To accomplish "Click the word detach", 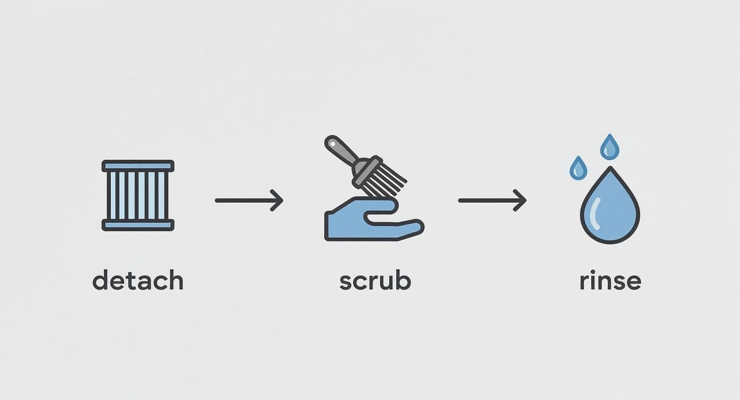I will (138, 280).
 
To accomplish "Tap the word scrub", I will (375, 280).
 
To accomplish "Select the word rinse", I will (610, 280).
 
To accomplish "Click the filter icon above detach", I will (138, 195).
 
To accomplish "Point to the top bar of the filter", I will (138, 166).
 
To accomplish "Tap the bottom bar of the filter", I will (138, 225).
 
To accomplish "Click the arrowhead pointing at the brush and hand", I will (277, 201).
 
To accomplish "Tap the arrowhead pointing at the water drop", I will (521, 201).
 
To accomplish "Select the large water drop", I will (610, 210).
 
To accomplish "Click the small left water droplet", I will (578, 169).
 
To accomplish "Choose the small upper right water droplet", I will (610, 147).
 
